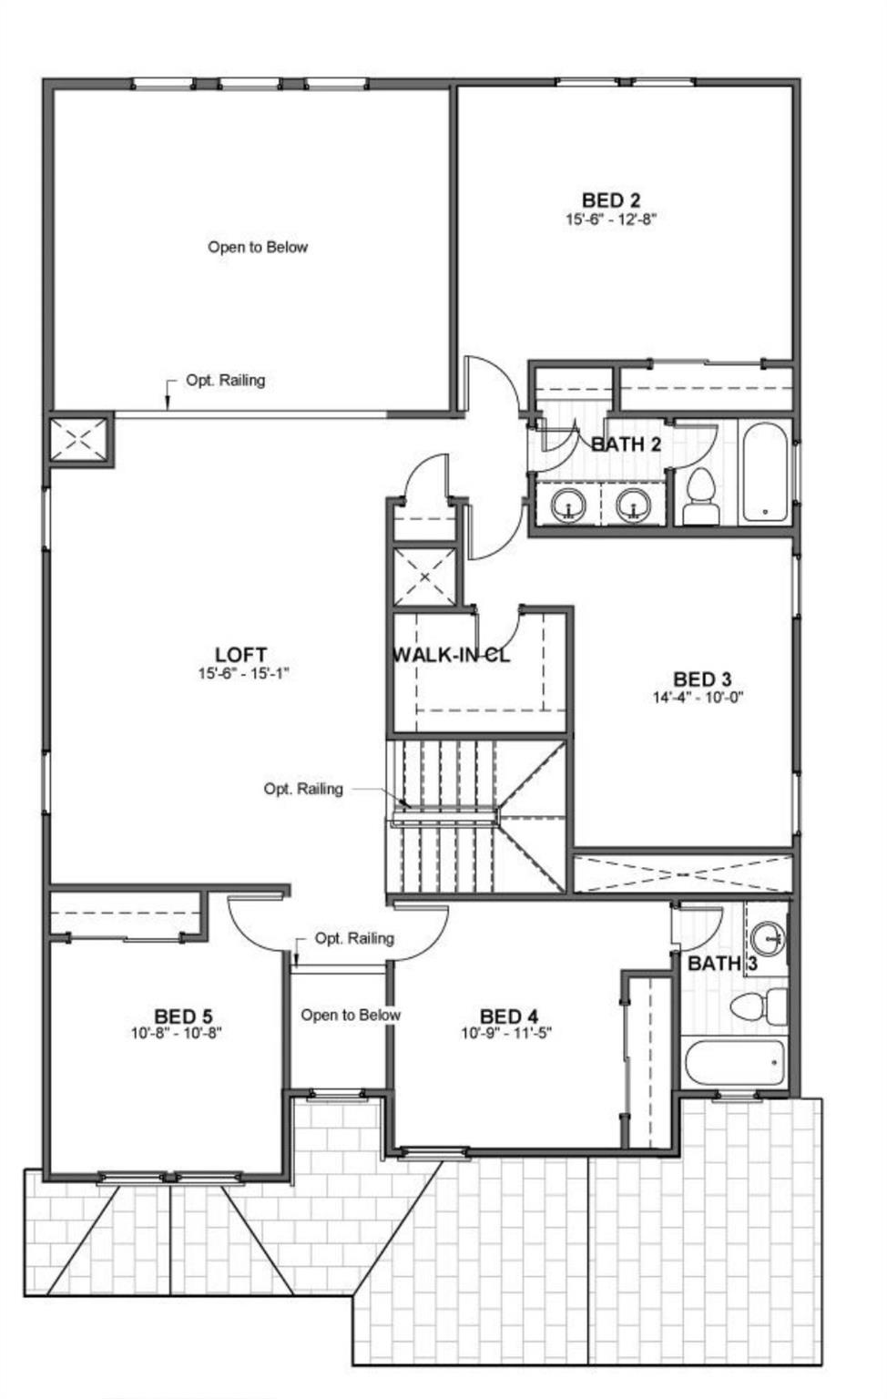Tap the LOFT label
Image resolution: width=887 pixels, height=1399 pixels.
(241, 655)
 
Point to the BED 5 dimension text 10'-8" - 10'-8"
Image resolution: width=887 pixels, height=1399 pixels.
(177, 1033)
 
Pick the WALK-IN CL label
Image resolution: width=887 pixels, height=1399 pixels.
(451, 655)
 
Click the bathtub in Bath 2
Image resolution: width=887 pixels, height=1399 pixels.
(765, 472)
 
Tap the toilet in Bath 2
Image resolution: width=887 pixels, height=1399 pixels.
(700, 495)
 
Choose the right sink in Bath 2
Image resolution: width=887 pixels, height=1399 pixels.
(633, 504)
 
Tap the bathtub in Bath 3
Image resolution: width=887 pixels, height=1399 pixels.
(734, 1062)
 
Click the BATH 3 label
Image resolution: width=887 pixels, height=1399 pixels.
(722, 964)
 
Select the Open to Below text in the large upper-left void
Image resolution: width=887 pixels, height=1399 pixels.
(258, 247)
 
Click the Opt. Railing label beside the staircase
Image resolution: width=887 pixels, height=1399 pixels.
(303, 788)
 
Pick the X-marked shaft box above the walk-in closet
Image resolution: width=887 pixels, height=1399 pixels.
(424, 576)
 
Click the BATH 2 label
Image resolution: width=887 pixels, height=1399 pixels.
(627, 444)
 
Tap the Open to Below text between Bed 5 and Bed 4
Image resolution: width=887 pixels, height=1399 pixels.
(351, 1015)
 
